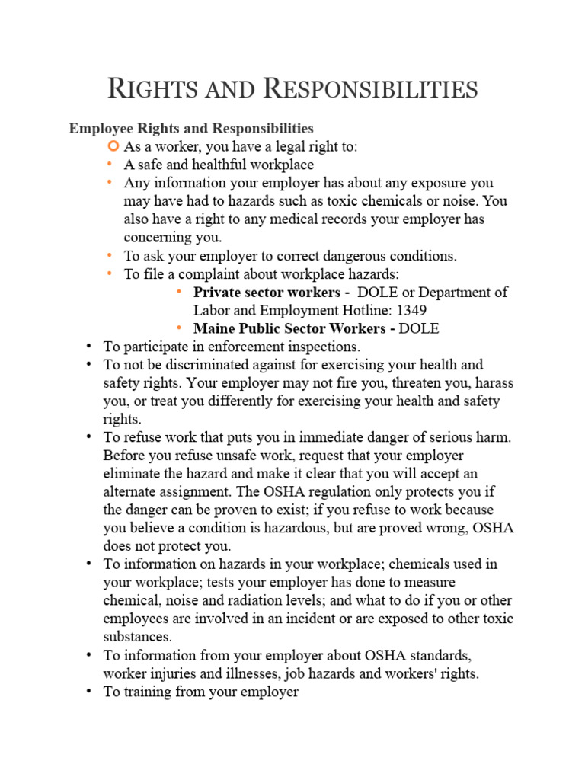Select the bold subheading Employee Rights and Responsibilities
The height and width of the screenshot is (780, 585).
click(191, 128)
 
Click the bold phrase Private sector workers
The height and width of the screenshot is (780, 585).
click(267, 292)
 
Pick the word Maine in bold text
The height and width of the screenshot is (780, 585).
click(215, 328)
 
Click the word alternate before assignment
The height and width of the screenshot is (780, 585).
click(136, 491)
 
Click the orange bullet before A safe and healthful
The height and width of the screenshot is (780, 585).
click(110, 165)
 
